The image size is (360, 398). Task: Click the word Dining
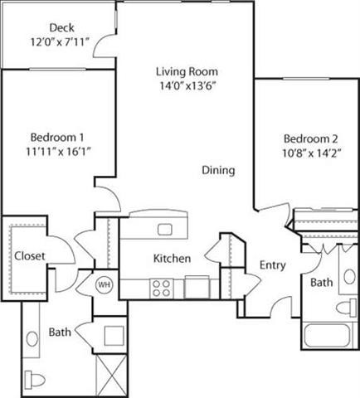click(218, 170)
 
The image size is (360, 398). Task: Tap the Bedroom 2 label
click(309, 138)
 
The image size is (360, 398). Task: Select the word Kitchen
click(173, 259)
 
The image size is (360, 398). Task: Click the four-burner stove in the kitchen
click(161, 288)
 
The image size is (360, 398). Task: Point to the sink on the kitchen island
click(165, 229)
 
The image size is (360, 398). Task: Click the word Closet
click(29, 256)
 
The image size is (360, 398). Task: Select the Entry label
click(272, 265)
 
